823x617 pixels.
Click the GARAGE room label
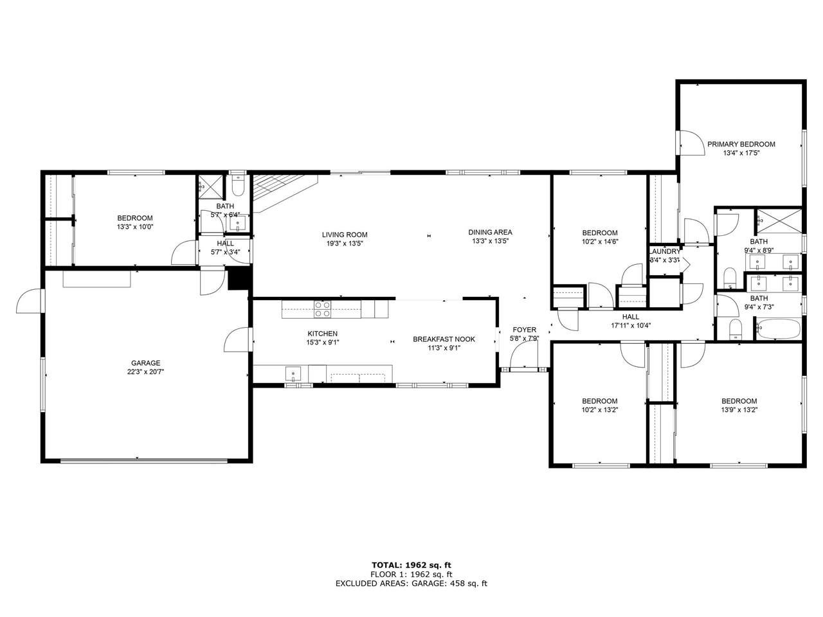pos(145,363)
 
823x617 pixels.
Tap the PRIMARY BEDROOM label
pos(741,144)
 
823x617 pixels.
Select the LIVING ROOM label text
pos(345,235)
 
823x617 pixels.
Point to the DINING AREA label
pos(490,232)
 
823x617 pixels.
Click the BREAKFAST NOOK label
pos(444,339)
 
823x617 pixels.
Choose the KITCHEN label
pos(323,334)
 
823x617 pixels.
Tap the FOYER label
pos(524,330)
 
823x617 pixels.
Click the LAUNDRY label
pos(664,251)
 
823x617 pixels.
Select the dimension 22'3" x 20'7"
pos(145,372)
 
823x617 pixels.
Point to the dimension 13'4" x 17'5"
pos(741,153)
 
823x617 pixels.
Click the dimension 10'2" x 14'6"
pos(600,242)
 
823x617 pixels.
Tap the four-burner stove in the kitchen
pos(323,309)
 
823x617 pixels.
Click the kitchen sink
pos(293,373)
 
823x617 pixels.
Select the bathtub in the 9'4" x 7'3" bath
pos(777,329)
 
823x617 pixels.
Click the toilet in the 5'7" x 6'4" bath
pos(238,185)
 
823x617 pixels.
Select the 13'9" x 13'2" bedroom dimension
pos(739,410)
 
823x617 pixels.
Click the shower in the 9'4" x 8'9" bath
pos(779,222)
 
